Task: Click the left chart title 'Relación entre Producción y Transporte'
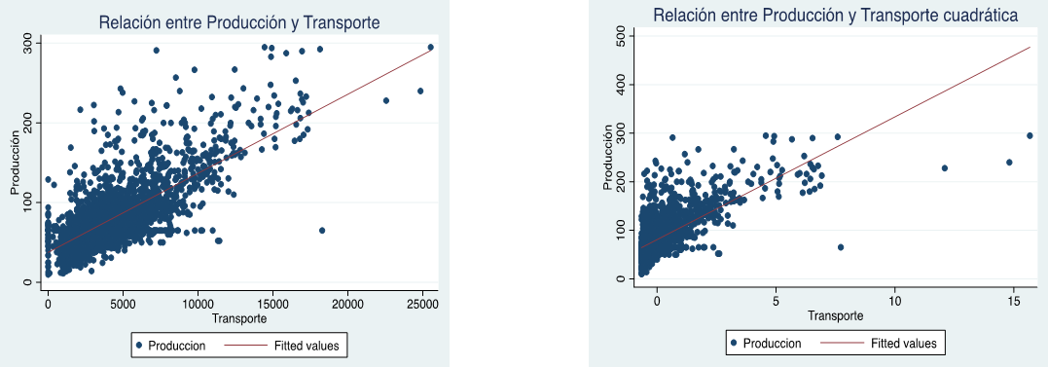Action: point(239,21)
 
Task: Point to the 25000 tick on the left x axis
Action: point(422,304)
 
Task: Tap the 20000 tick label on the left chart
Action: point(347,304)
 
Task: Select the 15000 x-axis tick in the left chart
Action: point(272,304)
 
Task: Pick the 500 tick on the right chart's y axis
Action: point(618,36)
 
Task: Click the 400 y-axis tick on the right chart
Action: point(618,85)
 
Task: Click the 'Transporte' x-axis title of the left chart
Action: point(239,318)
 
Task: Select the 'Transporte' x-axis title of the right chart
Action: point(834,315)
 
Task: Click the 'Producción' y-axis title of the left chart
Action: point(16,165)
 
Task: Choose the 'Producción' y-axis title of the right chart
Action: point(609,159)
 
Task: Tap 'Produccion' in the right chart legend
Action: point(770,343)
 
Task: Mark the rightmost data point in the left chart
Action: point(431,47)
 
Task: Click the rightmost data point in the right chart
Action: point(1030,135)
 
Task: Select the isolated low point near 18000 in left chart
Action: point(322,231)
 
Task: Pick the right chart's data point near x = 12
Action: point(944,168)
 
